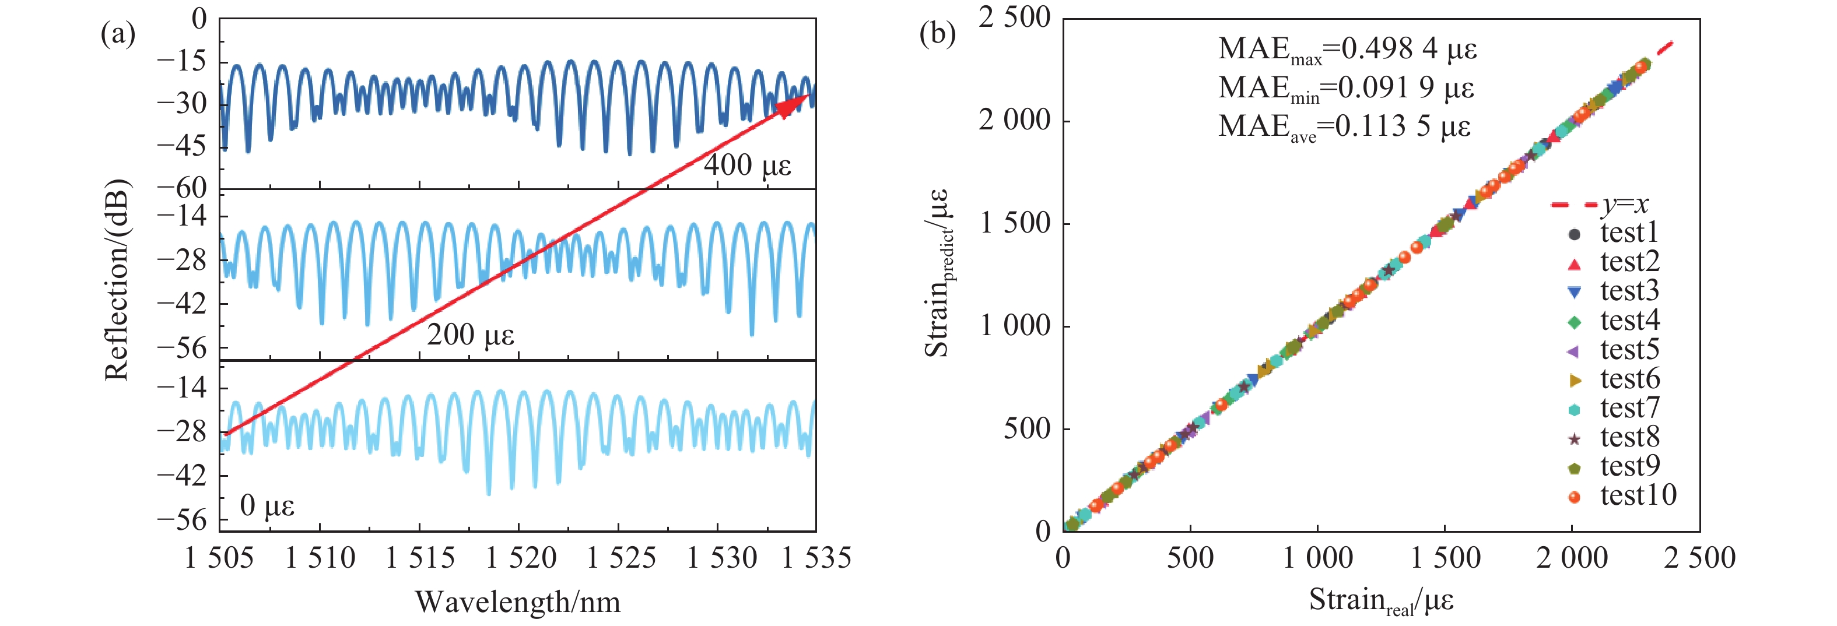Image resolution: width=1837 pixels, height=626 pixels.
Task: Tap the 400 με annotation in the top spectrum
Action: pyautogui.click(x=748, y=166)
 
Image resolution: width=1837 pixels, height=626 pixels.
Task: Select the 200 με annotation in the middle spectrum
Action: pyautogui.click(x=471, y=335)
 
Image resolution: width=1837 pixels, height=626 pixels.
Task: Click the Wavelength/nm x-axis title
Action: pyautogui.click(x=518, y=603)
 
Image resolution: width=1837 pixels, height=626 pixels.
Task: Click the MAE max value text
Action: pyautogui.click(x=1347, y=49)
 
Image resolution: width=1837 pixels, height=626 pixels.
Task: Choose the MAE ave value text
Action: pyautogui.click(x=1344, y=127)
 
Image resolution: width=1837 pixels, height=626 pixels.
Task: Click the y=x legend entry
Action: pyautogui.click(x=1601, y=205)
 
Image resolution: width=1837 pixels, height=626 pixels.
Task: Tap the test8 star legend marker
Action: pyautogui.click(x=1575, y=438)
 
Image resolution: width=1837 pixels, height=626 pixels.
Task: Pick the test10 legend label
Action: pyautogui.click(x=1638, y=495)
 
